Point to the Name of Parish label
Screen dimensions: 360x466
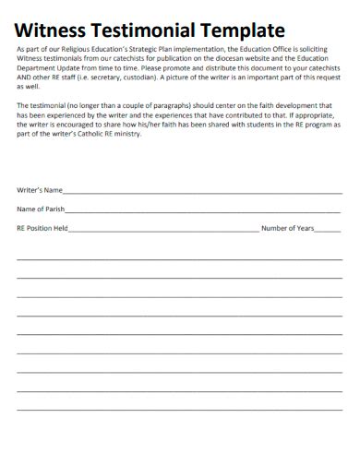(x=40, y=209)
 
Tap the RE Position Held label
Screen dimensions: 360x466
(x=42, y=227)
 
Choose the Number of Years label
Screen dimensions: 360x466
(x=288, y=227)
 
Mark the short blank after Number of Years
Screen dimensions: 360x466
(x=329, y=230)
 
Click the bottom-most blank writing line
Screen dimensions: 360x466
(x=179, y=409)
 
